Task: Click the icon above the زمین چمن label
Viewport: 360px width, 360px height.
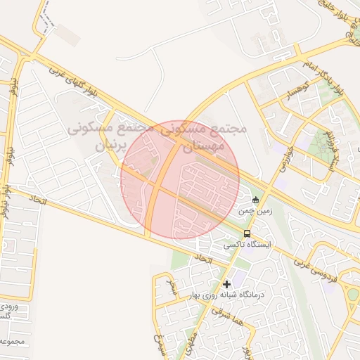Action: coord(255,200)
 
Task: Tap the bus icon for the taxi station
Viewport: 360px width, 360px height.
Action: coord(247,233)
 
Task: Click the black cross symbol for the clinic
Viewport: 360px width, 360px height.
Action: coord(226,285)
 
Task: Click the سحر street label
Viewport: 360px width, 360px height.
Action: coord(173,287)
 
